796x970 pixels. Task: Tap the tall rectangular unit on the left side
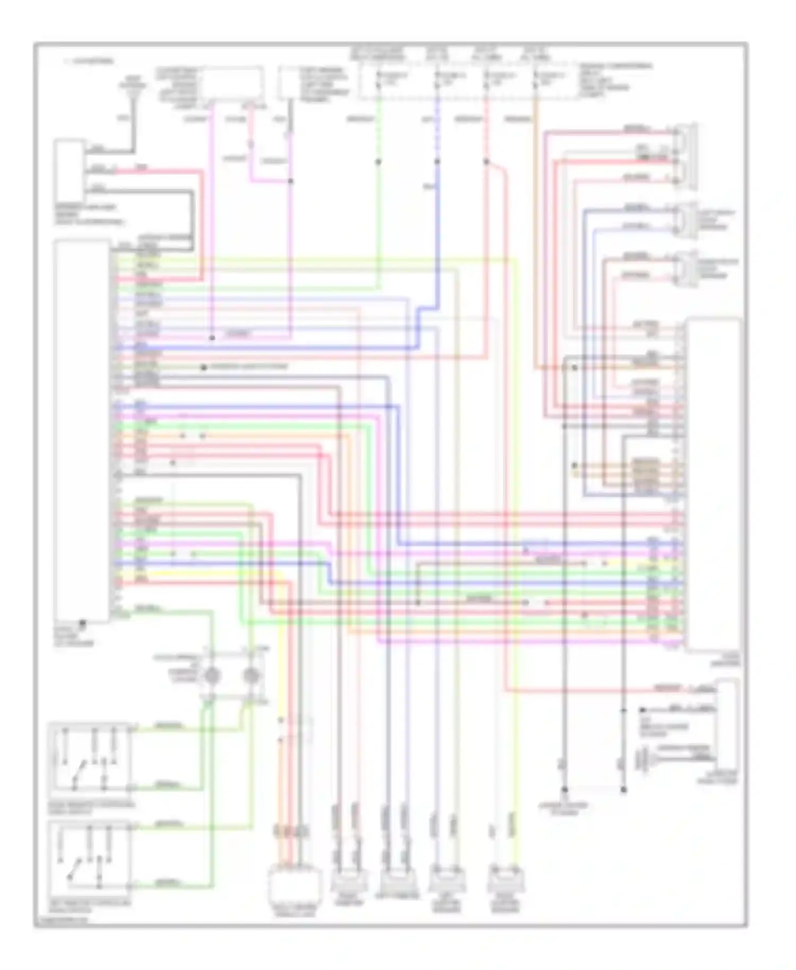(82, 430)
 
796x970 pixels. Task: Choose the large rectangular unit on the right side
(713, 483)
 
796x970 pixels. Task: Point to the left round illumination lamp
(212, 675)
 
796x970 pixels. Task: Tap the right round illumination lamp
(250, 675)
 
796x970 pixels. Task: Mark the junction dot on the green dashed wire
(378, 161)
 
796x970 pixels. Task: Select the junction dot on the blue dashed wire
(437, 161)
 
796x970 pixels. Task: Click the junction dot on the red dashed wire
(486, 161)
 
